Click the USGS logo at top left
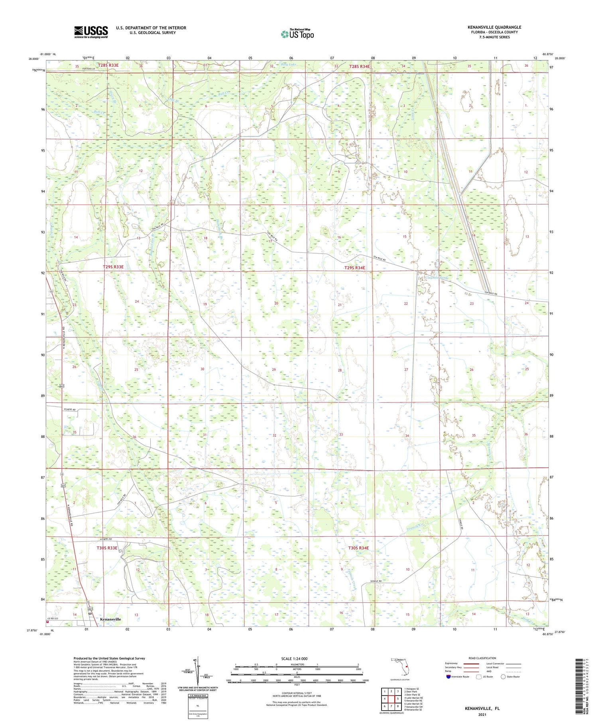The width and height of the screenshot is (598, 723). pos(91,32)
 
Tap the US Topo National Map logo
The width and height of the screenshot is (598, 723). pos(297,34)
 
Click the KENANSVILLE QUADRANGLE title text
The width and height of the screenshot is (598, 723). pos(494,27)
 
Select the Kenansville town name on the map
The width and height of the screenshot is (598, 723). pos(110,619)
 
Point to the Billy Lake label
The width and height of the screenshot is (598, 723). pos(289,64)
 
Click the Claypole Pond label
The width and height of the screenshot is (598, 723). pos(437,278)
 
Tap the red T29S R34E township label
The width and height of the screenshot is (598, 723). pos(354,268)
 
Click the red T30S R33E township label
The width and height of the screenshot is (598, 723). pos(107,548)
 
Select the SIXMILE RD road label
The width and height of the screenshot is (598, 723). pos(375,581)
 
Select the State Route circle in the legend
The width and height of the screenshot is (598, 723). pos(504,676)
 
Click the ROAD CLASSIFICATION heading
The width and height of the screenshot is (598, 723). pos(482,658)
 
